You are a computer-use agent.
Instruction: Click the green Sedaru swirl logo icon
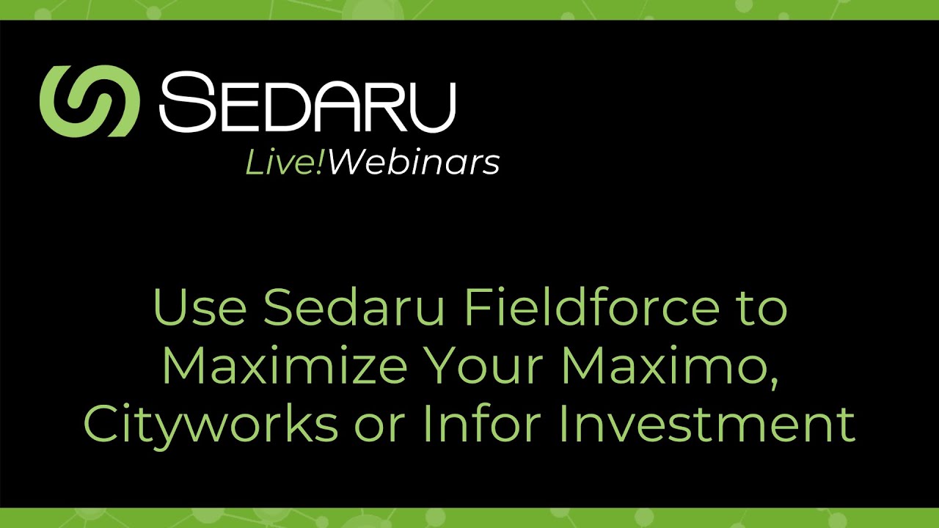[x=89, y=101]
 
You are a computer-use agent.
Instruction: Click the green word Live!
[x=285, y=163]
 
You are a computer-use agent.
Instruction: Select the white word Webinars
[x=414, y=163]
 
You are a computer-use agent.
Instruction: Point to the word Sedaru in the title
[x=354, y=309]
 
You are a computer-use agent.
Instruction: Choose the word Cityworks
[x=211, y=425]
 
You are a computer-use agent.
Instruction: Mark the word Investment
[x=707, y=423]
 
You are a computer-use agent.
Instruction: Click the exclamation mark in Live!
[x=321, y=163]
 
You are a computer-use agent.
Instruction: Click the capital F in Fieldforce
[x=476, y=309]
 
